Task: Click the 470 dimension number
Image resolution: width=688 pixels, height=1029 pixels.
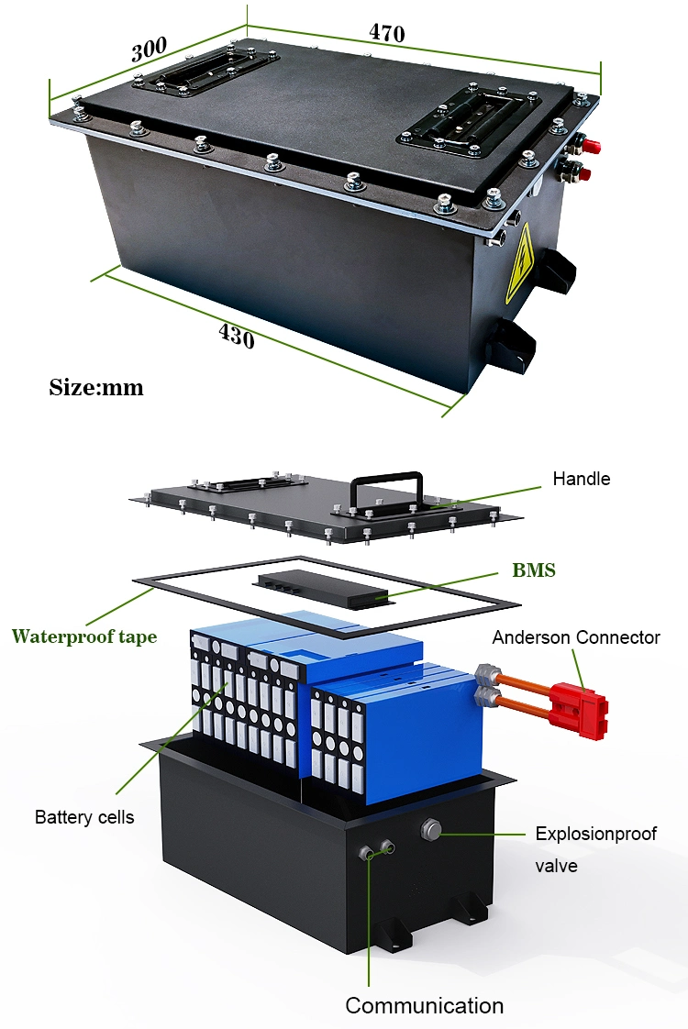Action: click(x=386, y=33)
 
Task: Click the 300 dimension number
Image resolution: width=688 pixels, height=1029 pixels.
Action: click(x=149, y=50)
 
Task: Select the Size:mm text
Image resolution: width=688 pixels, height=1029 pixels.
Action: click(x=96, y=387)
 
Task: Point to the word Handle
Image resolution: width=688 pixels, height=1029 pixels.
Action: click(x=581, y=479)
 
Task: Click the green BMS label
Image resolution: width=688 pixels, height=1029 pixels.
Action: click(x=533, y=570)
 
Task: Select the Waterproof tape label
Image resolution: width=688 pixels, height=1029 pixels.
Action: click(x=83, y=636)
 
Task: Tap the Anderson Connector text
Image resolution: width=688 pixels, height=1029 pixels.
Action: click(x=576, y=637)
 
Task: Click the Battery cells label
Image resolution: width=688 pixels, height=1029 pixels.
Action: click(x=84, y=817)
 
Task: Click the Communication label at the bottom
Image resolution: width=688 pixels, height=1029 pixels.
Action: click(x=424, y=1005)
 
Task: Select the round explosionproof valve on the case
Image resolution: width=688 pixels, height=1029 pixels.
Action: click(x=431, y=831)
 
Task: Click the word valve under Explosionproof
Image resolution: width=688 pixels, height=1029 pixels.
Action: click(x=556, y=865)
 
